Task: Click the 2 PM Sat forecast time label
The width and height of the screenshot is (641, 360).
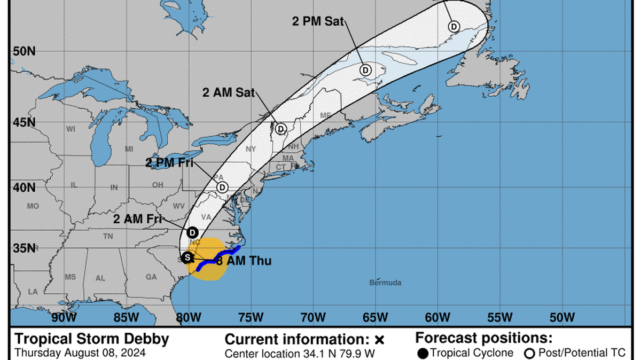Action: point(318,22)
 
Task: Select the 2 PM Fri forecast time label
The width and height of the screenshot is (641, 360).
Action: point(169,163)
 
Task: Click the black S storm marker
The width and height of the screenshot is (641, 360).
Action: point(187,257)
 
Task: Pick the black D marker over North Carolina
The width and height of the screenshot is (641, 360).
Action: point(192,232)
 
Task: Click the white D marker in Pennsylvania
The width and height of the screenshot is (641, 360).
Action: point(222,187)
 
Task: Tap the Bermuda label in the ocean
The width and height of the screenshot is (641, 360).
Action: point(385,283)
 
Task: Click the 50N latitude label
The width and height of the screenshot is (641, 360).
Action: point(23,51)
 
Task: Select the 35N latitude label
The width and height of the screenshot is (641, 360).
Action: point(23,248)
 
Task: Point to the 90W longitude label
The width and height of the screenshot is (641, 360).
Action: point(64,318)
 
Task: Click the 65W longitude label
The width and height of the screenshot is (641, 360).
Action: point(375,318)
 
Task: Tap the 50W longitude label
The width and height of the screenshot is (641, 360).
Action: point(562,318)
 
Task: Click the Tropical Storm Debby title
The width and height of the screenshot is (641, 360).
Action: point(91,339)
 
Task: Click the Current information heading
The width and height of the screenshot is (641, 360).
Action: point(298,339)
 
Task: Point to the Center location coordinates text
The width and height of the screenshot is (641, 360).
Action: point(299,353)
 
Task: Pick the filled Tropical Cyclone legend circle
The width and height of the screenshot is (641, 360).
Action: point(423,353)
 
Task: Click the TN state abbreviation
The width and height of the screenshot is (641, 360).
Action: point(108,236)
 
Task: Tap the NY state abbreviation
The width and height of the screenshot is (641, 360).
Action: point(251,149)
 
